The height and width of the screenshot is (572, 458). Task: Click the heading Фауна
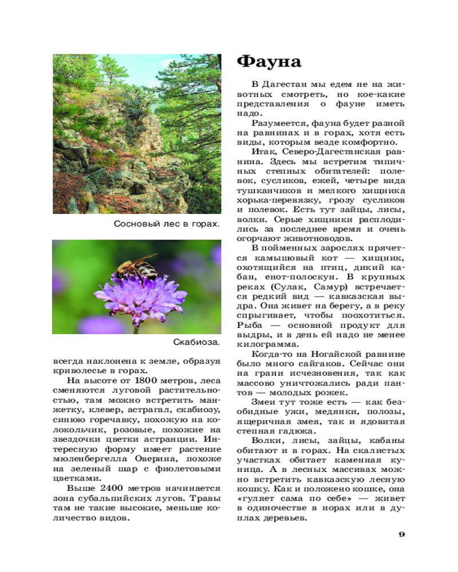[269, 61]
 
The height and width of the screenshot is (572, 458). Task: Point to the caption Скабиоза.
[196, 343]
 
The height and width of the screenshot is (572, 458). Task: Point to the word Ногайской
[335, 355]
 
